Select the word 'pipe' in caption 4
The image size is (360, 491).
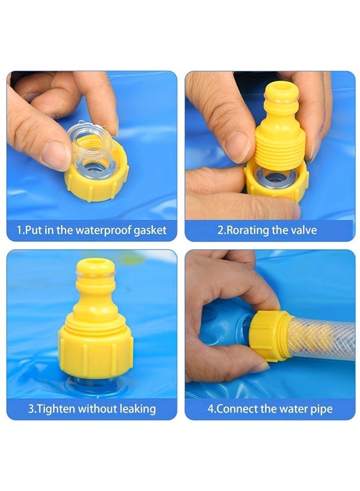pos(321,409)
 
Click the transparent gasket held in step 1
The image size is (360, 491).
pos(90,147)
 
